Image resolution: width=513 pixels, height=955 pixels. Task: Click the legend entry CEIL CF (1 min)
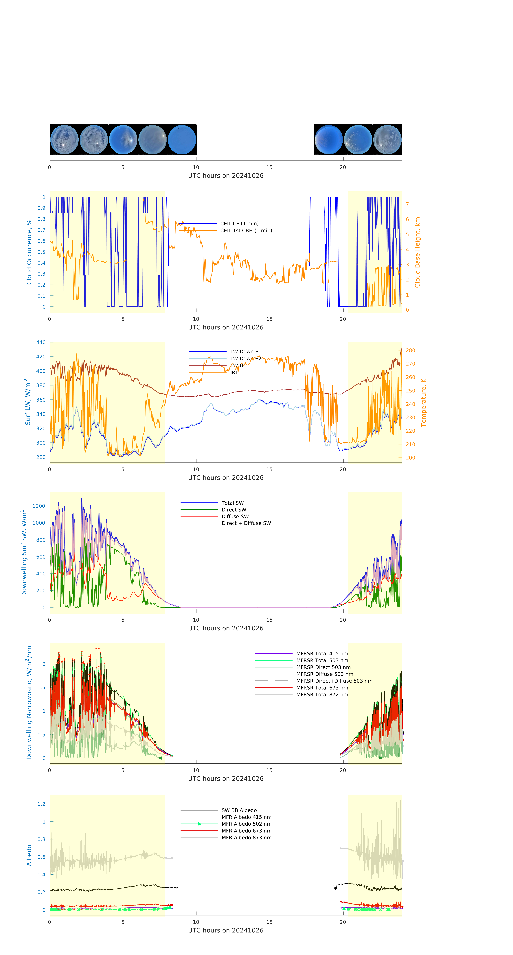(239, 224)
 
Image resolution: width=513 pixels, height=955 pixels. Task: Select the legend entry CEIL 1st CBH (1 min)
(246, 231)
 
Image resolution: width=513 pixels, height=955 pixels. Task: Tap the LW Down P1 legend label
(246, 351)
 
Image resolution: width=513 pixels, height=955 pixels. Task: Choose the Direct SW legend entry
(234, 510)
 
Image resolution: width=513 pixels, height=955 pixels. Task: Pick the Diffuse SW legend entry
(235, 516)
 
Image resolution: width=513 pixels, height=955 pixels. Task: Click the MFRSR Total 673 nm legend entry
(322, 688)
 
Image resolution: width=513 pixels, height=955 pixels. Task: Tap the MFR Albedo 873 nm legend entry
(246, 837)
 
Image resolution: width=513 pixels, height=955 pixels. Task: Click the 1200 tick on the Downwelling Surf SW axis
(39, 506)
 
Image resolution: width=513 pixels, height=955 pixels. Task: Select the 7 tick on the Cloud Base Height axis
(407, 204)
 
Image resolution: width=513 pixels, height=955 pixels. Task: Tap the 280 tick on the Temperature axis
(410, 350)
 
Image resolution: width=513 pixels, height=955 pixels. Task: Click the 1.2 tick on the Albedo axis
(41, 804)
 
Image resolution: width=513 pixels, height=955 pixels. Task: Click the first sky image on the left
(64, 140)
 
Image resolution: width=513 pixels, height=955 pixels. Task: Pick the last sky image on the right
(387, 140)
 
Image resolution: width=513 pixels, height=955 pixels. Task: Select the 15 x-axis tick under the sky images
(269, 167)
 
